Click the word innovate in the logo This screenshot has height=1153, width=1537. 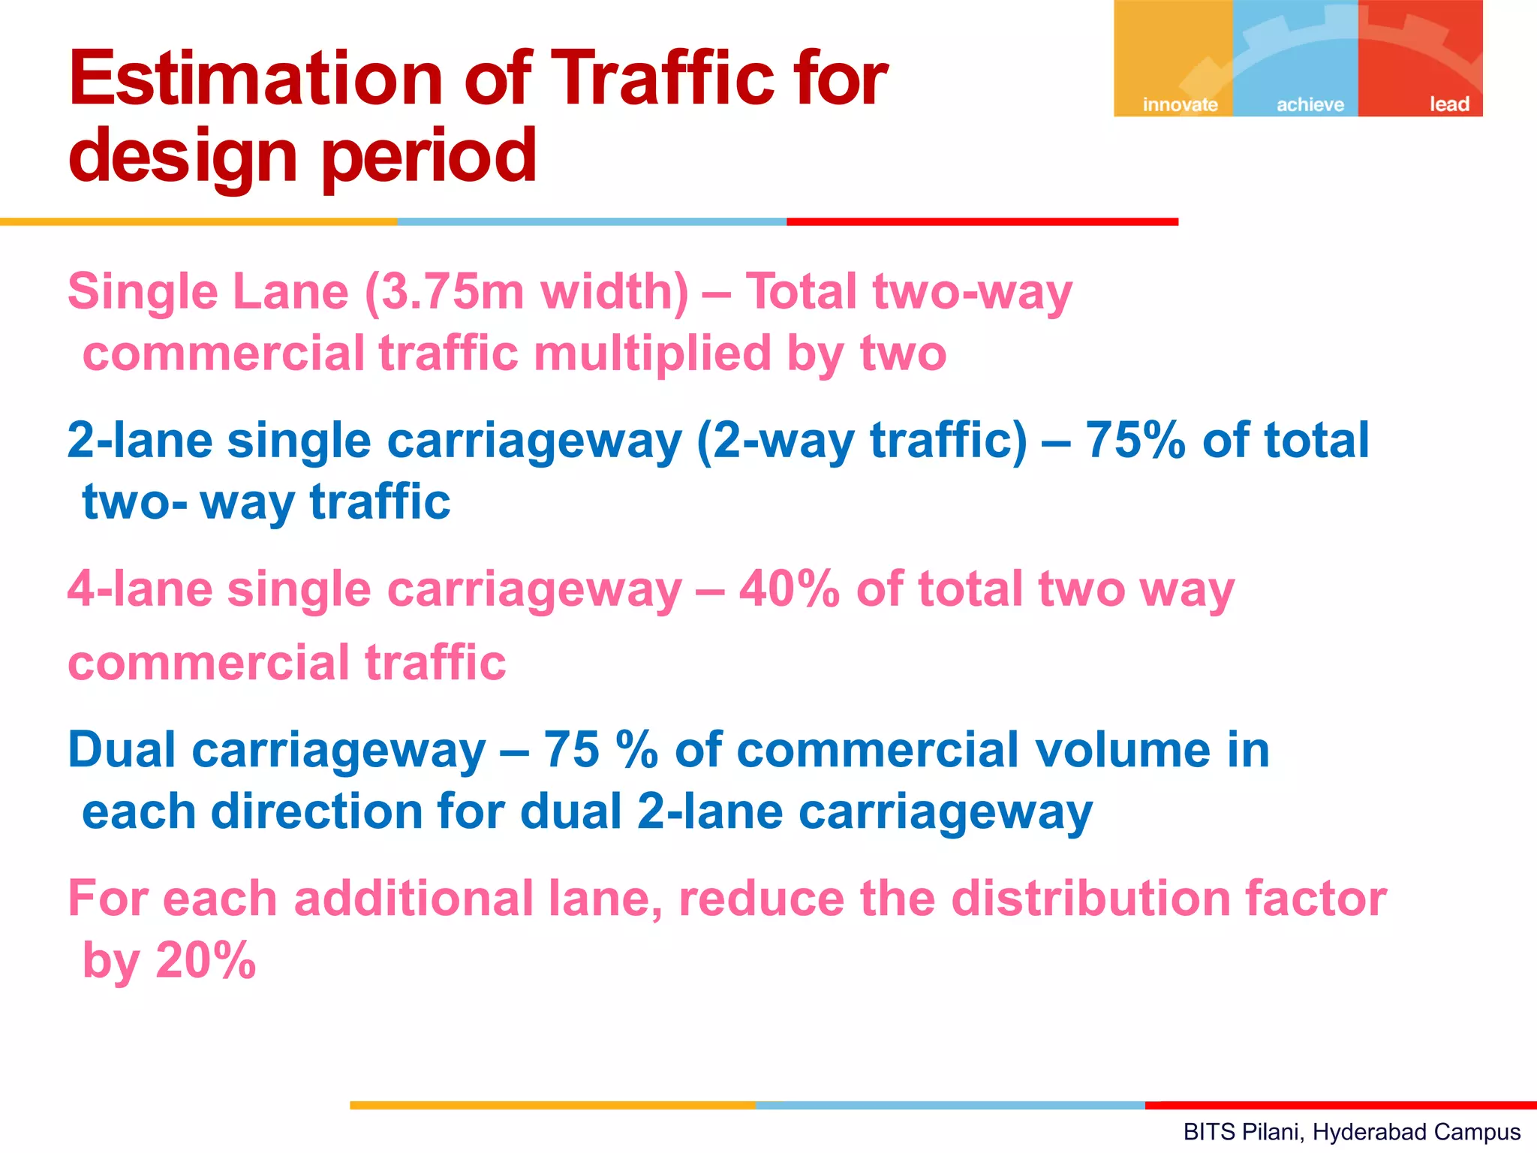coord(1180,104)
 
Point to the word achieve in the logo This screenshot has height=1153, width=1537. coord(1310,104)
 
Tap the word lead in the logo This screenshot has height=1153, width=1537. coord(1448,104)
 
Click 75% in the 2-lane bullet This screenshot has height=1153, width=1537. coord(1135,440)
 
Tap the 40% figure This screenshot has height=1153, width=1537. coord(789,589)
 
